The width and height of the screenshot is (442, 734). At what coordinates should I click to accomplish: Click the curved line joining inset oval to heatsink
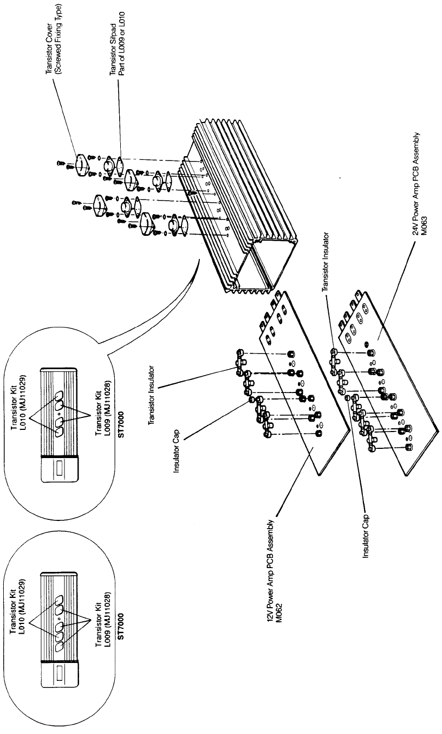coord(162,314)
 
